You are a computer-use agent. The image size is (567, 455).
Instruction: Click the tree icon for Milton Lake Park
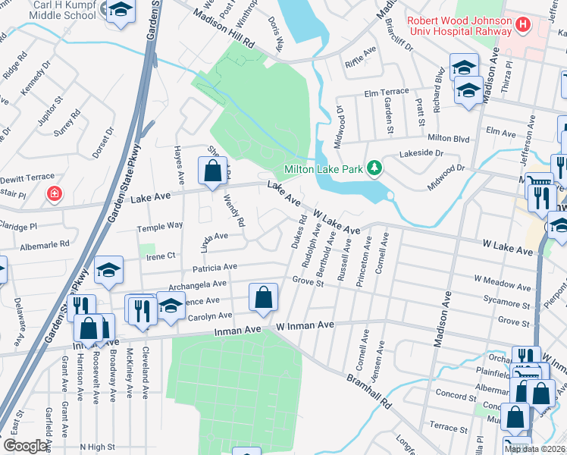coord(373,167)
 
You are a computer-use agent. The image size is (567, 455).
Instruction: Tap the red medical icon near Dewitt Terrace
coord(54,194)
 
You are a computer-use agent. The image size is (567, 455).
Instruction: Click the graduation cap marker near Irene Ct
coord(108,271)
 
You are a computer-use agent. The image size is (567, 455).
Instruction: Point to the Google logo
coord(25,446)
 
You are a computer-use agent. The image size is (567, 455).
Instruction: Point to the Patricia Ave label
coord(215,267)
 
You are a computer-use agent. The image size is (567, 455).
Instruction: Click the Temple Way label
coord(159,226)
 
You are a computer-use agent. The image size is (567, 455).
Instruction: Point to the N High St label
coord(97,447)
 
